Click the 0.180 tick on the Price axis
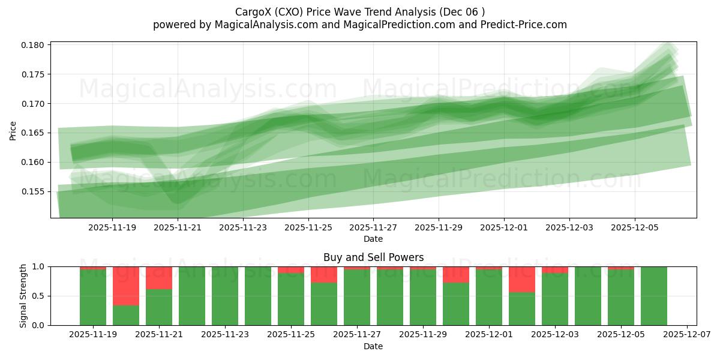tap(33, 45)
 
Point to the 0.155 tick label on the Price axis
tap(33, 191)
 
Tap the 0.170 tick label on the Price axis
tap(33, 104)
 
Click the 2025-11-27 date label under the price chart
tap(373, 228)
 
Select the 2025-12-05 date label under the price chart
tap(635, 228)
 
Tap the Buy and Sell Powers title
tap(373, 257)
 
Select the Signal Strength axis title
tap(23, 296)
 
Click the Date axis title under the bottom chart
tap(373, 346)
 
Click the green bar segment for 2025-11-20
tap(126, 315)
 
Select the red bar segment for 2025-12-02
tap(522, 279)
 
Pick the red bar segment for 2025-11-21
tap(159, 278)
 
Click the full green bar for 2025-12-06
tap(654, 296)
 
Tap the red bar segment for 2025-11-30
tap(456, 274)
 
